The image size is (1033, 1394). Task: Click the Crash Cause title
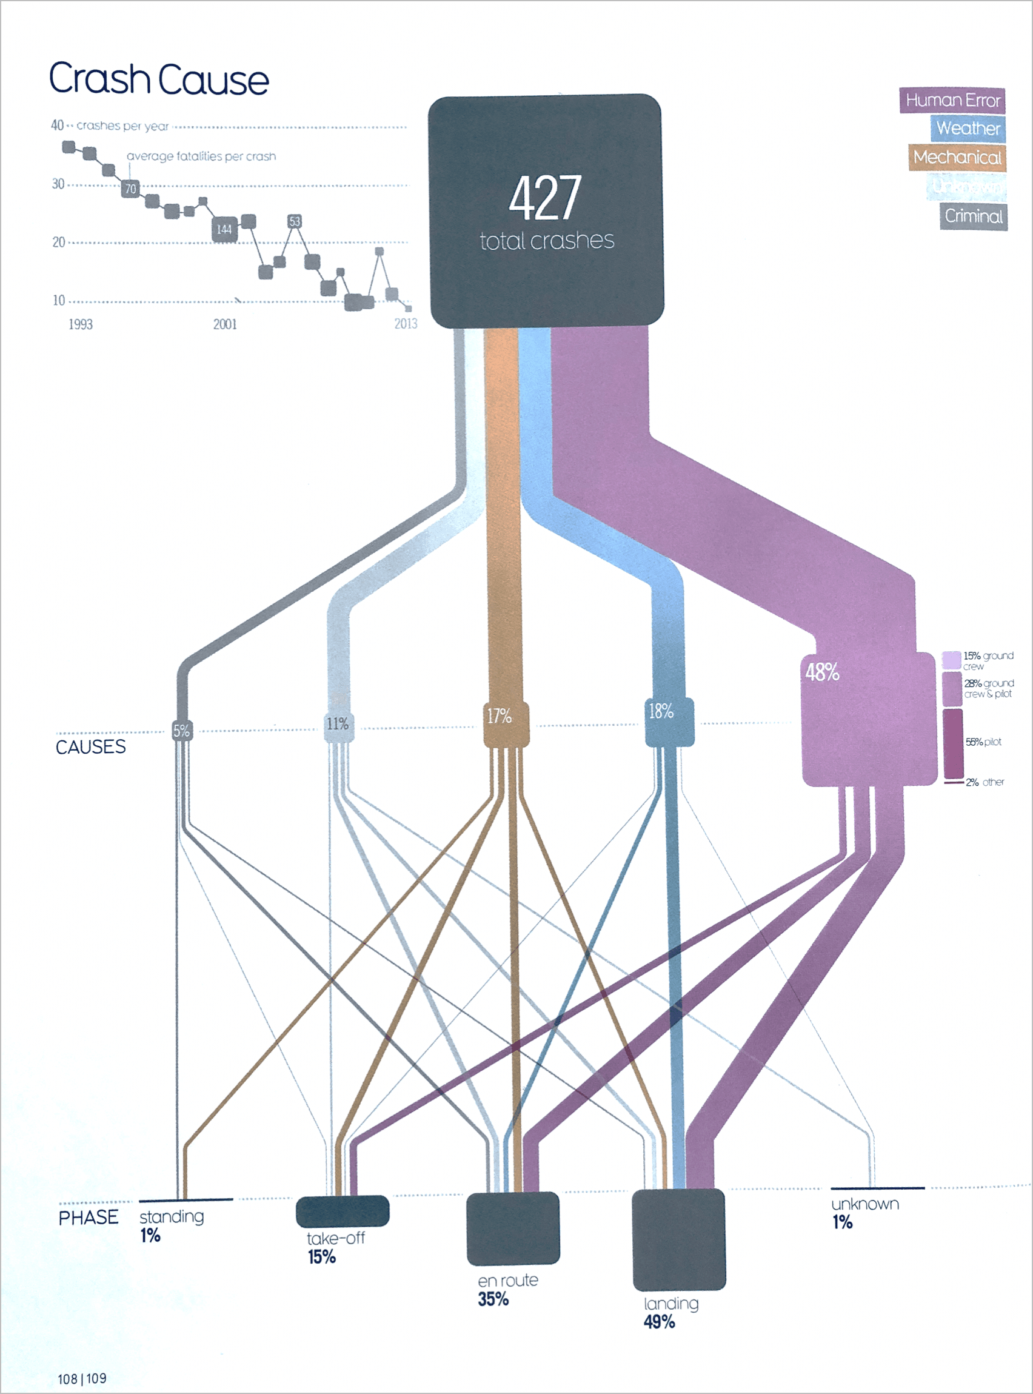159,79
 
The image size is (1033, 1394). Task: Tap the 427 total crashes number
545,198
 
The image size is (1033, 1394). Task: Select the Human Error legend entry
952,101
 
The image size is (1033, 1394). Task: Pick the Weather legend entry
968,129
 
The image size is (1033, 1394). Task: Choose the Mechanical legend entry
957,158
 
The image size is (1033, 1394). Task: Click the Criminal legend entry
973,216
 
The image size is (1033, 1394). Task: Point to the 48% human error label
822,672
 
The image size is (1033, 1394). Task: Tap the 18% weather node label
661,711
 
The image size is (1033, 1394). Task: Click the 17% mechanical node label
499,716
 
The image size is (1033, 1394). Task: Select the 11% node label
338,724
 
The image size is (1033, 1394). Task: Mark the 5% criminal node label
181,731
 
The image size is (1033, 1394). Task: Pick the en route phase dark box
513,1228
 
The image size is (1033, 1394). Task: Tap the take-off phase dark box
342,1211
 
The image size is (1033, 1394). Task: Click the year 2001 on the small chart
225,324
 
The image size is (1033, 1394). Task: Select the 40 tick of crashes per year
58,126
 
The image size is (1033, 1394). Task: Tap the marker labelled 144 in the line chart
224,230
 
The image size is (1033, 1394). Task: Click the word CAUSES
91,746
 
